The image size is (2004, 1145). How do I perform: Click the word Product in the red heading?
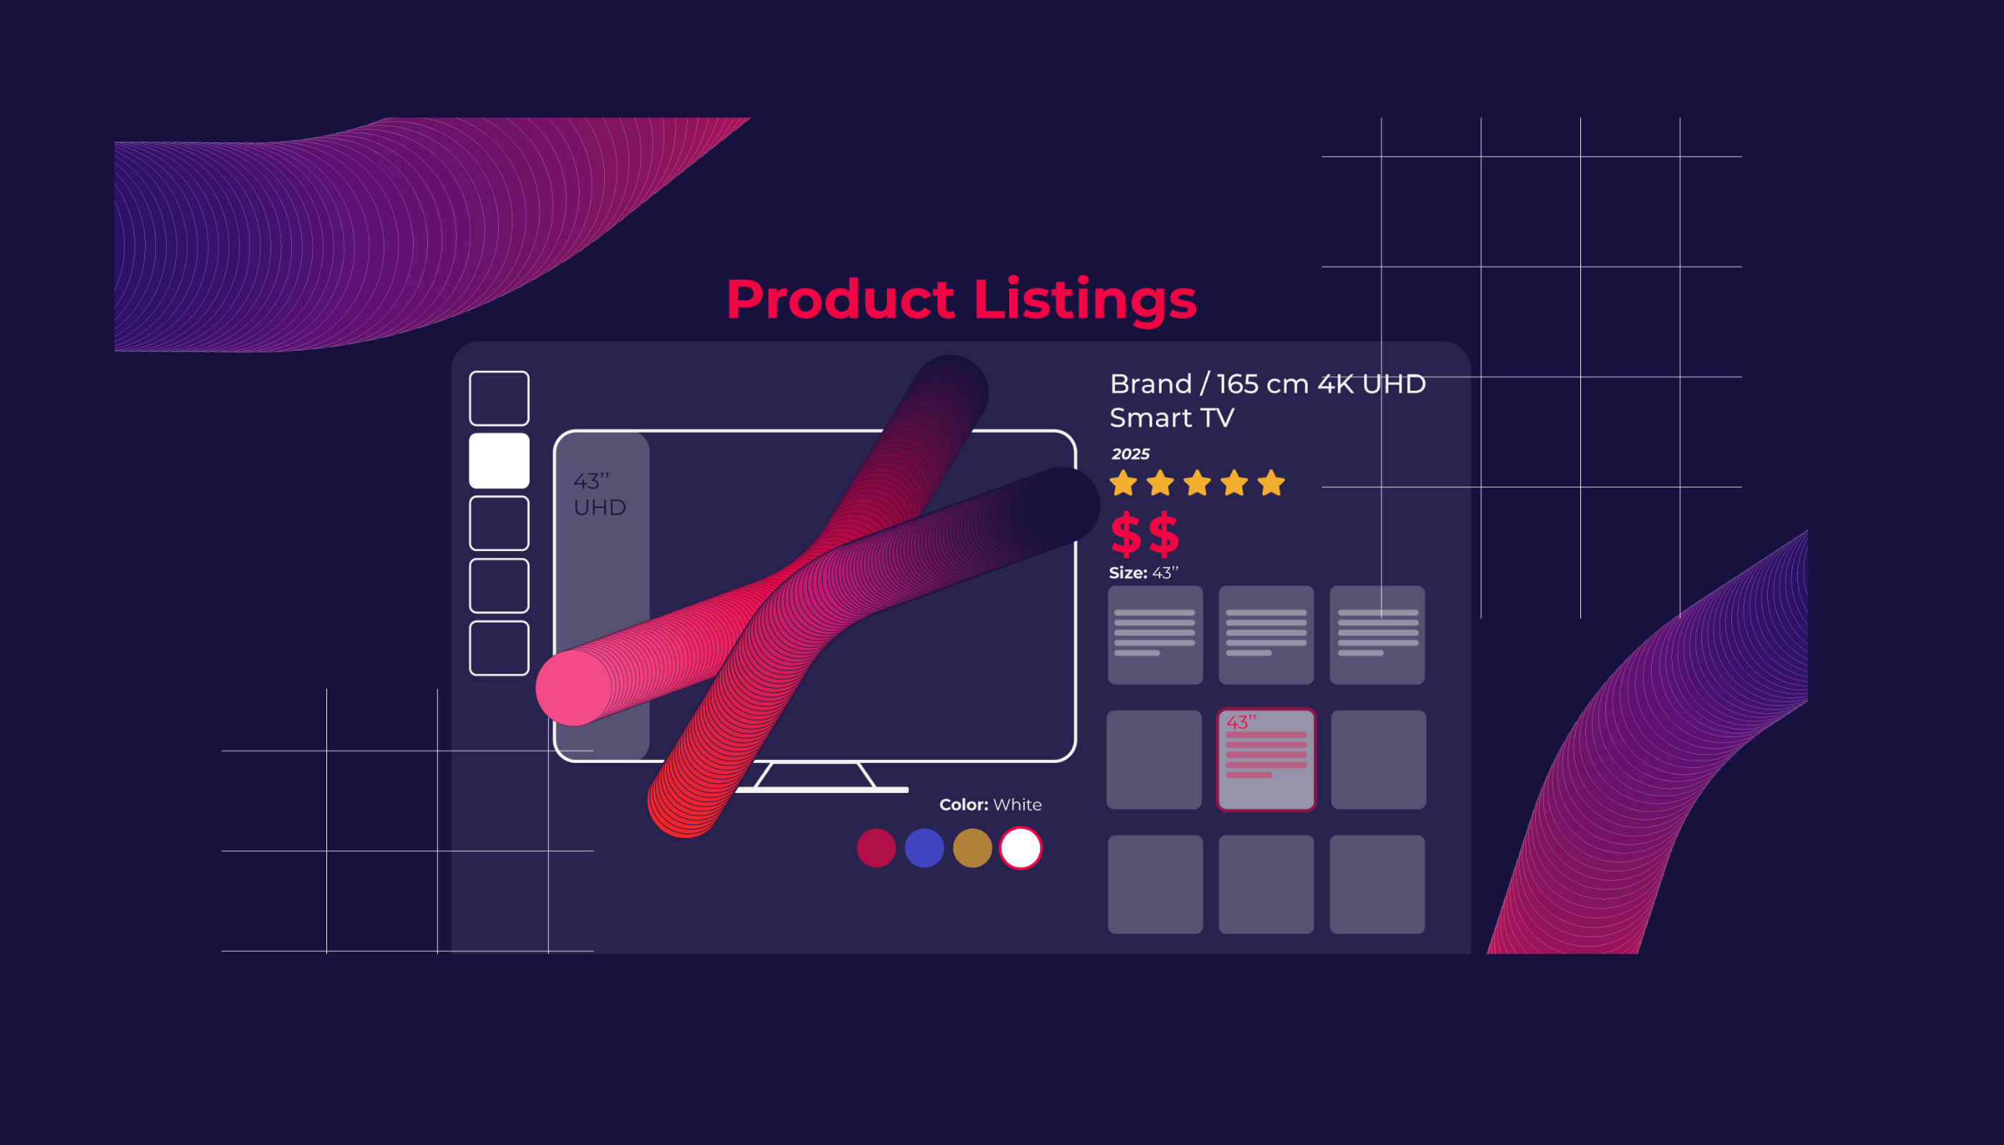[x=840, y=301]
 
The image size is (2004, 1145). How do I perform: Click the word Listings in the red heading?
[x=1084, y=301]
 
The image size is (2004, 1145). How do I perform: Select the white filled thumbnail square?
[x=499, y=461]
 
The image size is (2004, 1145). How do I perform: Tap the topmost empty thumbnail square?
[x=499, y=398]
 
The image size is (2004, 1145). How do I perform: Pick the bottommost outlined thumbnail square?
[x=499, y=648]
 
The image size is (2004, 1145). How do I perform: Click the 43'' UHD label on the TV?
[x=599, y=494]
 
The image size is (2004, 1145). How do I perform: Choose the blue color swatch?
[x=924, y=848]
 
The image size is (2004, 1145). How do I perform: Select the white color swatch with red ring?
[x=1020, y=848]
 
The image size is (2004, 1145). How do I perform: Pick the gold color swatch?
[x=972, y=848]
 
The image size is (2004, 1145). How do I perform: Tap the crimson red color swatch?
[x=876, y=848]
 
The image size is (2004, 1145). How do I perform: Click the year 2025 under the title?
[x=1130, y=454]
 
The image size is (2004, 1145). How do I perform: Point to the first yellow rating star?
[x=1123, y=483]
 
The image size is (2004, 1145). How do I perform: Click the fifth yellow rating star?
[x=1271, y=483]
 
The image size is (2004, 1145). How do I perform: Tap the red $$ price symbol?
[x=1144, y=534]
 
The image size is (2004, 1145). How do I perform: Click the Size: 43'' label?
[x=1143, y=572]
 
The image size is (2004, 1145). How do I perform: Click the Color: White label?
[x=991, y=804]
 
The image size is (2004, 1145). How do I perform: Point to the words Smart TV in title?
[x=1172, y=418]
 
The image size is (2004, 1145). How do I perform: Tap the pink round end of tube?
[x=574, y=687]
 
